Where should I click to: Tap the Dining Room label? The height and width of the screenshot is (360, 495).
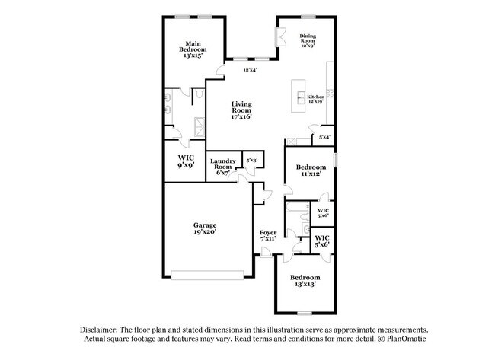point(308,40)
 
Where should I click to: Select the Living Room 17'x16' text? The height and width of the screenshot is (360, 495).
point(241,110)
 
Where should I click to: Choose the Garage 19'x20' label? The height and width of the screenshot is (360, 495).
point(204,228)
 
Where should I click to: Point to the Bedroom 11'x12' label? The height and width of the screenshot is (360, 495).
point(311,170)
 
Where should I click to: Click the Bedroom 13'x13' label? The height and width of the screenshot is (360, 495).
point(305,281)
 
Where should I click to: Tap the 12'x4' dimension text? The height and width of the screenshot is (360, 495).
point(251,71)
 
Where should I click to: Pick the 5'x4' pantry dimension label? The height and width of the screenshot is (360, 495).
point(324,137)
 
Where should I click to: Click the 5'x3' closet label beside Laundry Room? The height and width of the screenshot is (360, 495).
point(252,161)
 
